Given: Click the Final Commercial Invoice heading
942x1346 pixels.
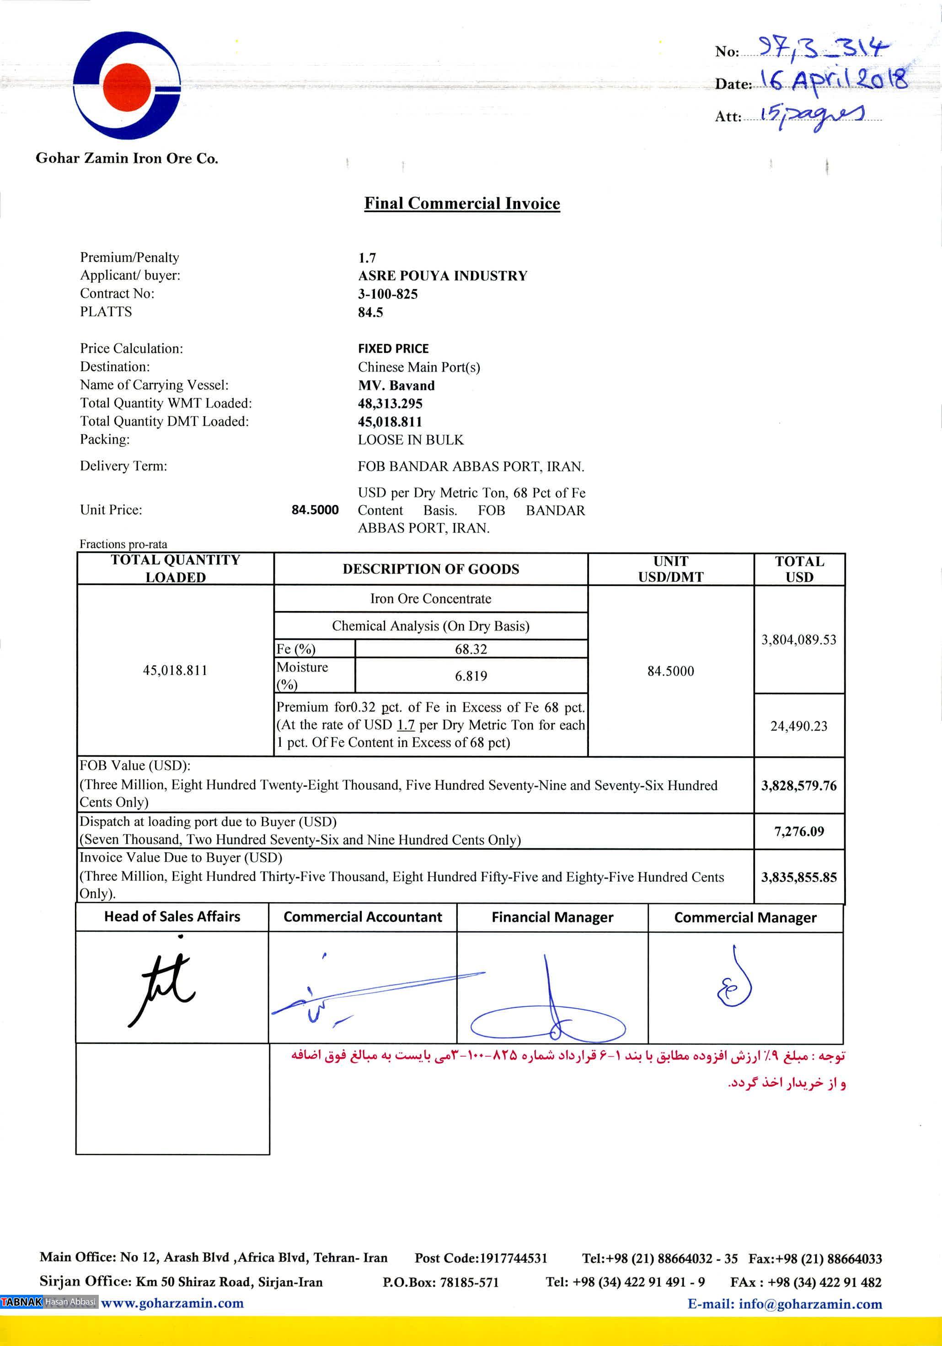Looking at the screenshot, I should tap(462, 203).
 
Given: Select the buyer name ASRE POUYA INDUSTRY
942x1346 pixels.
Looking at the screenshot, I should tap(443, 276).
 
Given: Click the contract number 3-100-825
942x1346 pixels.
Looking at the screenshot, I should tap(388, 294).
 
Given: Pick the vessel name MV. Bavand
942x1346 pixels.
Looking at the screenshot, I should tap(396, 385).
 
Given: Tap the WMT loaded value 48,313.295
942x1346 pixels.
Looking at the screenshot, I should tap(390, 403).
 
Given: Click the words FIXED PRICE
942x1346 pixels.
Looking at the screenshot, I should tap(393, 348).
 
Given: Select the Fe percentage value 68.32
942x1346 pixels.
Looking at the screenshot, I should tap(471, 649).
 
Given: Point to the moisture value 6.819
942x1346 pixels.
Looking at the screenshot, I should tap(471, 676).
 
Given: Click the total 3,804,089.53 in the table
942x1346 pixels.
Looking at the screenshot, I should tap(799, 639).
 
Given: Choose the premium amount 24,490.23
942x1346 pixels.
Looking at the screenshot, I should tap(799, 726).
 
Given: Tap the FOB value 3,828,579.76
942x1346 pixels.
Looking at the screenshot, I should tap(799, 786).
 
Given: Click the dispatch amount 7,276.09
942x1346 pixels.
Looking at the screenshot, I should tap(799, 831).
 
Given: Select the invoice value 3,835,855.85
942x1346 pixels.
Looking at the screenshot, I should tap(799, 877).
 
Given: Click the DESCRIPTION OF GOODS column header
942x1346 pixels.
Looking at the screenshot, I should tap(430, 569).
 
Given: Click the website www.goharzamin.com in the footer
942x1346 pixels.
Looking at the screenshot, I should tap(172, 1319).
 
